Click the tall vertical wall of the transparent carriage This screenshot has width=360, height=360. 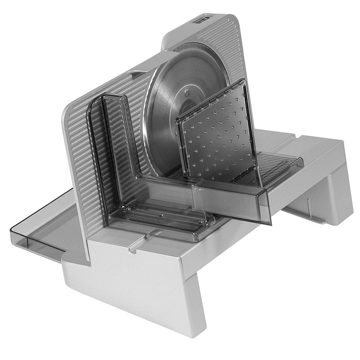tap(115, 148)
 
